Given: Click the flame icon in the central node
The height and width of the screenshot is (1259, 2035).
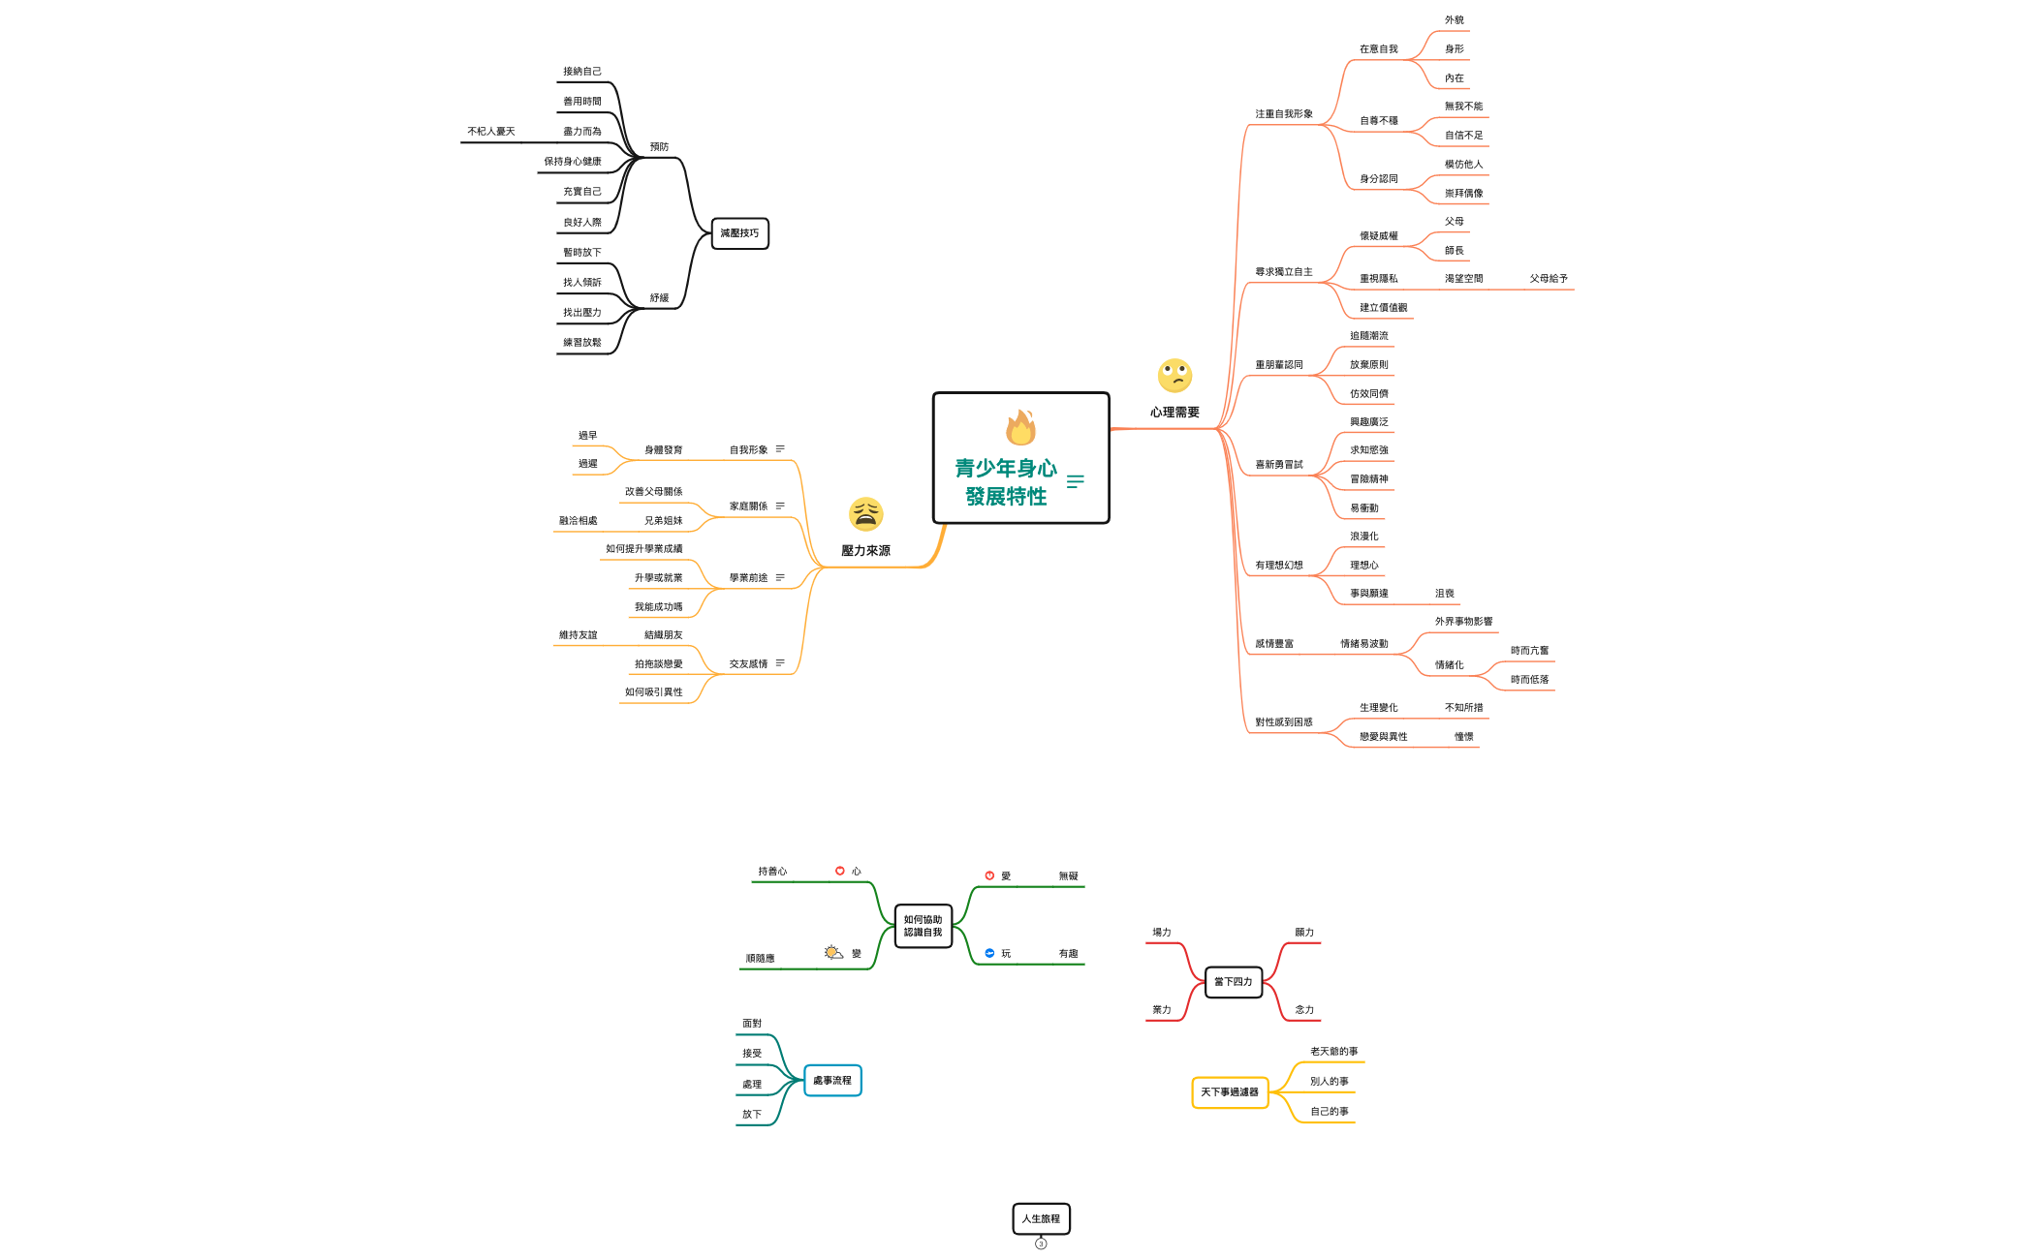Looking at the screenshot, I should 1020,427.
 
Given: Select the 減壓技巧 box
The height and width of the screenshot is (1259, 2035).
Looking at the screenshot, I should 739,233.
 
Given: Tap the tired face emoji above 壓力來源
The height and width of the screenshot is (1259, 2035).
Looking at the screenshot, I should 865,514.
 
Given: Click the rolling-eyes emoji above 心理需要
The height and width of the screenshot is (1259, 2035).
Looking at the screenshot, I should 1174,376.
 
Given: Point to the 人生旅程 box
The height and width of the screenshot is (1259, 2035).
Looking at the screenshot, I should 1041,1218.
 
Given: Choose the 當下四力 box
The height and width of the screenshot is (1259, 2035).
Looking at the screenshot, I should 1233,982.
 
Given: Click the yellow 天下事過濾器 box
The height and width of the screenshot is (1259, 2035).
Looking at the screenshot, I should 1229,1092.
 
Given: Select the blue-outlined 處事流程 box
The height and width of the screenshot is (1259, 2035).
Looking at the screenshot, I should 831,1081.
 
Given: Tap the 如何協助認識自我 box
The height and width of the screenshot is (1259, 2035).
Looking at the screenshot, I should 923,926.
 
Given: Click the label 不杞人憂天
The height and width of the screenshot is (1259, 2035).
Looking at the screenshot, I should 491,132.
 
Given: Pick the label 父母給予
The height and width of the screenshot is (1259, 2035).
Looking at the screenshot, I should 1549,279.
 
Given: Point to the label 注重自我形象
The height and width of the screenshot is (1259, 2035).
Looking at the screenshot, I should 1284,114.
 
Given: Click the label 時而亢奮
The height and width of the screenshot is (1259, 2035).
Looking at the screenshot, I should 1529,651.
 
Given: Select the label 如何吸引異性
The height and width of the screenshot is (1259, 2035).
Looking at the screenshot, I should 653,692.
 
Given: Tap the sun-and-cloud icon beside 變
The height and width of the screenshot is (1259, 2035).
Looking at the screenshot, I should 833,953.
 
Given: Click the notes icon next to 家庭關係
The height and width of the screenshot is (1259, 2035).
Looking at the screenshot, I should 780,507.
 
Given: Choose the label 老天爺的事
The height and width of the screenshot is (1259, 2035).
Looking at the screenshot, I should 1333,1052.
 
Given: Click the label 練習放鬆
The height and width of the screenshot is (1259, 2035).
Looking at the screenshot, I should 582,343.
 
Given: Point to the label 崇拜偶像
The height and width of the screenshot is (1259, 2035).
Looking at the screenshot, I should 1463,194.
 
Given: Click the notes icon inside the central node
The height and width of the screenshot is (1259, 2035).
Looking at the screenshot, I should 1076,481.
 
